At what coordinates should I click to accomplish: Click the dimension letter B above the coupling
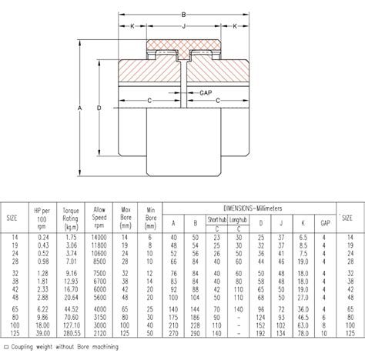tap(182, 14)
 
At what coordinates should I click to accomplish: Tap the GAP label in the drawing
tap(206, 93)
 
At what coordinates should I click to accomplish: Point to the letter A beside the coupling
tap(80, 108)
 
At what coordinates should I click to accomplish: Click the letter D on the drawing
tap(99, 108)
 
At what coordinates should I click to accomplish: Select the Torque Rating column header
tap(71, 217)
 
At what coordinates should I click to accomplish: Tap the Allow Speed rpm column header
tap(99, 217)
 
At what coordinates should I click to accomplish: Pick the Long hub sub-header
tap(239, 218)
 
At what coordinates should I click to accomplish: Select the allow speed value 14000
tap(99, 238)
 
